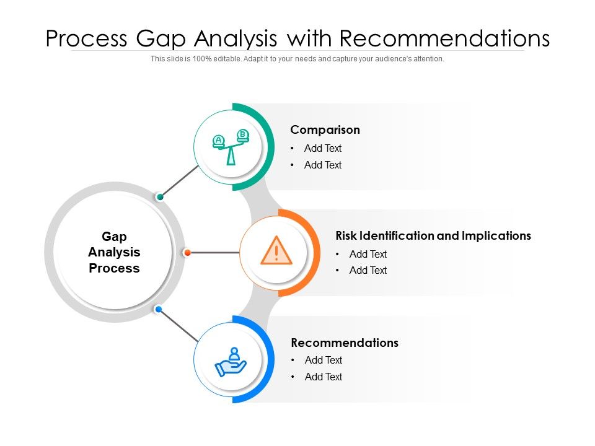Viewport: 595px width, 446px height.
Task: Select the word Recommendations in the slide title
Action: [x=445, y=38]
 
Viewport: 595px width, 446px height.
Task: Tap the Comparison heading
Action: [x=325, y=130]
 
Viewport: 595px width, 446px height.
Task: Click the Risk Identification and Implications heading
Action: [x=433, y=236]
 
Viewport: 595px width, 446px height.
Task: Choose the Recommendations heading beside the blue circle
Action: [x=345, y=343]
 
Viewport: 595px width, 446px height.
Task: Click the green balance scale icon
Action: [x=231, y=147]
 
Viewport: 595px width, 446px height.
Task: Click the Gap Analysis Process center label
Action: [x=114, y=252]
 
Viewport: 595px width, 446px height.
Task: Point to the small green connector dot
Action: [x=161, y=197]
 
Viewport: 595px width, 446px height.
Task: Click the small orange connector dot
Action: [x=187, y=253]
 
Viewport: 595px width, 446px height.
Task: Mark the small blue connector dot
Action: [x=159, y=309]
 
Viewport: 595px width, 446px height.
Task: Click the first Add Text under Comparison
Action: [x=322, y=149]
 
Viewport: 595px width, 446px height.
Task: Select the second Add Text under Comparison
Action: [x=322, y=165]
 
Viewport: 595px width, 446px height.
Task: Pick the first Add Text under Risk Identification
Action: [x=368, y=254]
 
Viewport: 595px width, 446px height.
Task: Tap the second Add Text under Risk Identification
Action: [x=368, y=271]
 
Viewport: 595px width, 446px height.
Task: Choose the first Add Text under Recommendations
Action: [x=323, y=361]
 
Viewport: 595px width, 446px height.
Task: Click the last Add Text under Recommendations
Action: [x=323, y=377]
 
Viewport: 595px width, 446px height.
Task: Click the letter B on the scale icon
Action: [x=243, y=134]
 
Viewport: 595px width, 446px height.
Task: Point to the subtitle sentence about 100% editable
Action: [x=297, y=59]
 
